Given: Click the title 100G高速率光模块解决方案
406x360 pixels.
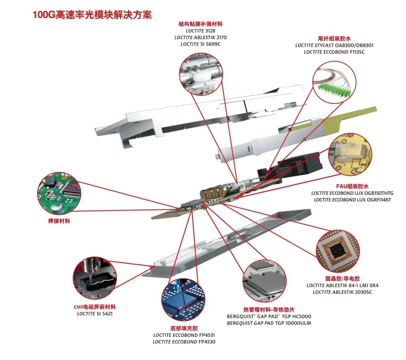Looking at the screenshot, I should click(89, 15).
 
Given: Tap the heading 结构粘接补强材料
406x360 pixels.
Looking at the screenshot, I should click(200, 24).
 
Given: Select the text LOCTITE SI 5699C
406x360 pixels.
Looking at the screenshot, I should click(200, 44).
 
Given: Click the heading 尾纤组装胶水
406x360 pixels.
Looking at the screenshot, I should click(334, 38).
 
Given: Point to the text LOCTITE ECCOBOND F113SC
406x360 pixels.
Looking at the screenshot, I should click(334, 52).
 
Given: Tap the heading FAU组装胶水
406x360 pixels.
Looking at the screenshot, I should click(352, 186).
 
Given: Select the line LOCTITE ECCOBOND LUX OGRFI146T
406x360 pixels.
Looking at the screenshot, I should click(353, 200).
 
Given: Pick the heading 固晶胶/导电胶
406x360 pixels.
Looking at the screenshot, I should click(342, 279).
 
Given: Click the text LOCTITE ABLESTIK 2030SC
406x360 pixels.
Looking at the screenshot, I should click(342, 292).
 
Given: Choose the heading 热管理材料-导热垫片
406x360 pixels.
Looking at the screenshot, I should click(269, 310).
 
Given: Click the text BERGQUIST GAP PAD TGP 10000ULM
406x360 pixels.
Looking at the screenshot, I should click(269, 323).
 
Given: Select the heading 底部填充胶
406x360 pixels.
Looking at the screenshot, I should click(184, 328).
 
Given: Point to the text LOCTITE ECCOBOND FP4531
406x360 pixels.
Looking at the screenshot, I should click(184, 335).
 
